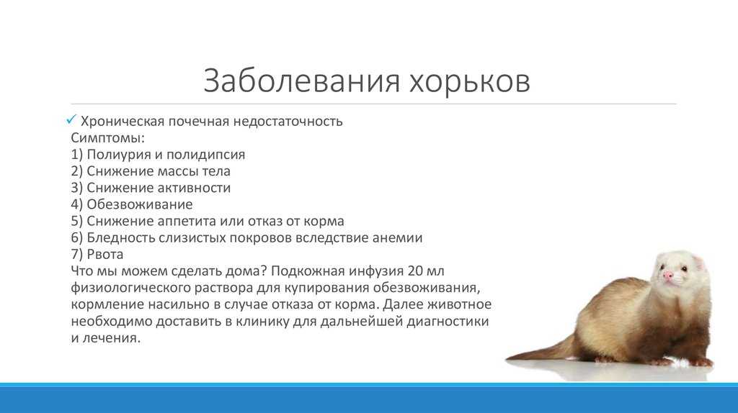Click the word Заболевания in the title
[302, 81]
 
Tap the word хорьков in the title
[470, 81]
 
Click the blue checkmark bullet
[71, 120]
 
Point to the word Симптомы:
[108, 138]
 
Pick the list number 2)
[76, 171]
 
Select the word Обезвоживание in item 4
[140, 204]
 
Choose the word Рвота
[105, 254]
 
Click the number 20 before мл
[416, 271]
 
